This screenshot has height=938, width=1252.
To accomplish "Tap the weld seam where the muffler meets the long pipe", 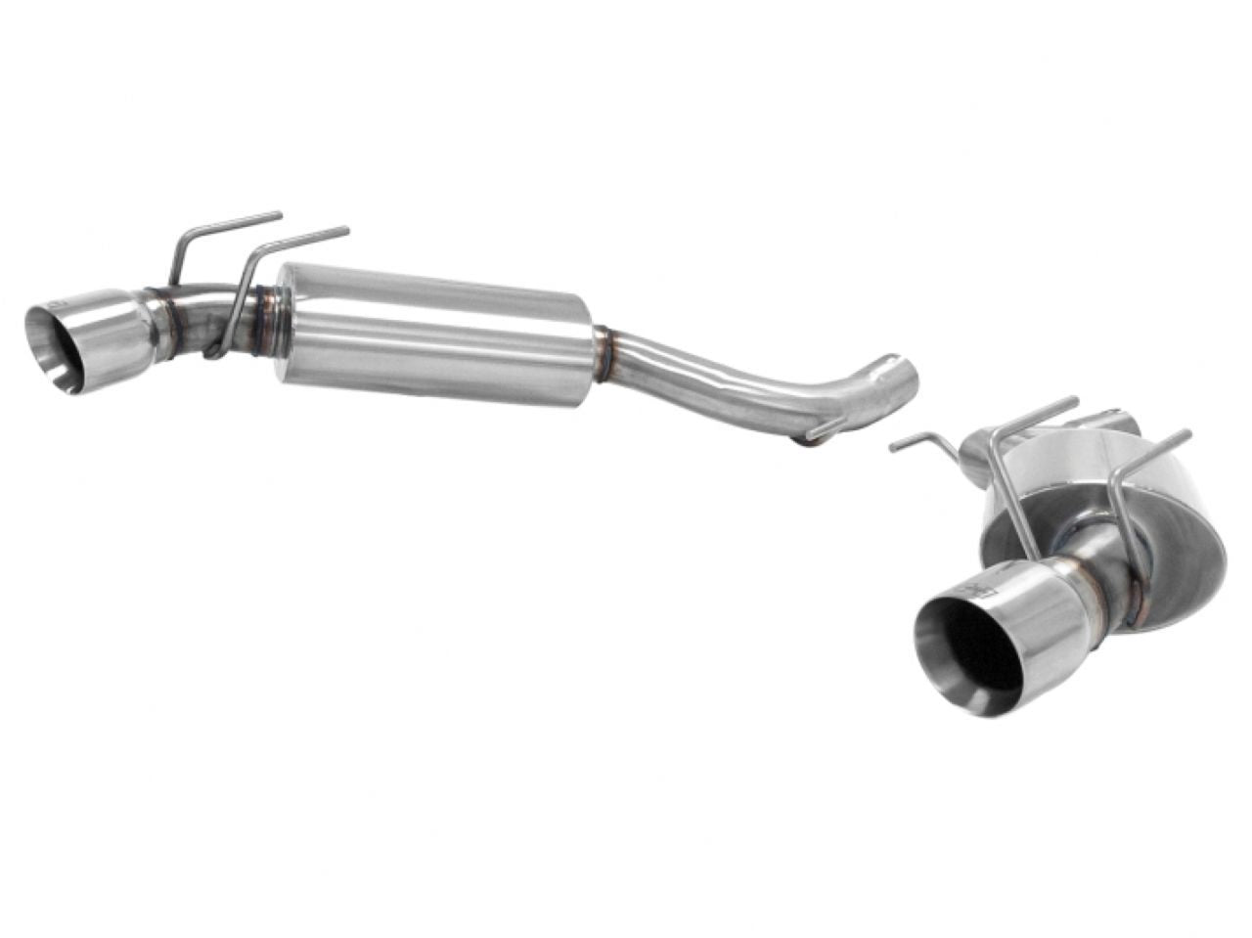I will click(x=605, y=354).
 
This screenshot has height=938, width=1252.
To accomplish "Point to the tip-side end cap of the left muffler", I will click(x=285, y=323).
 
